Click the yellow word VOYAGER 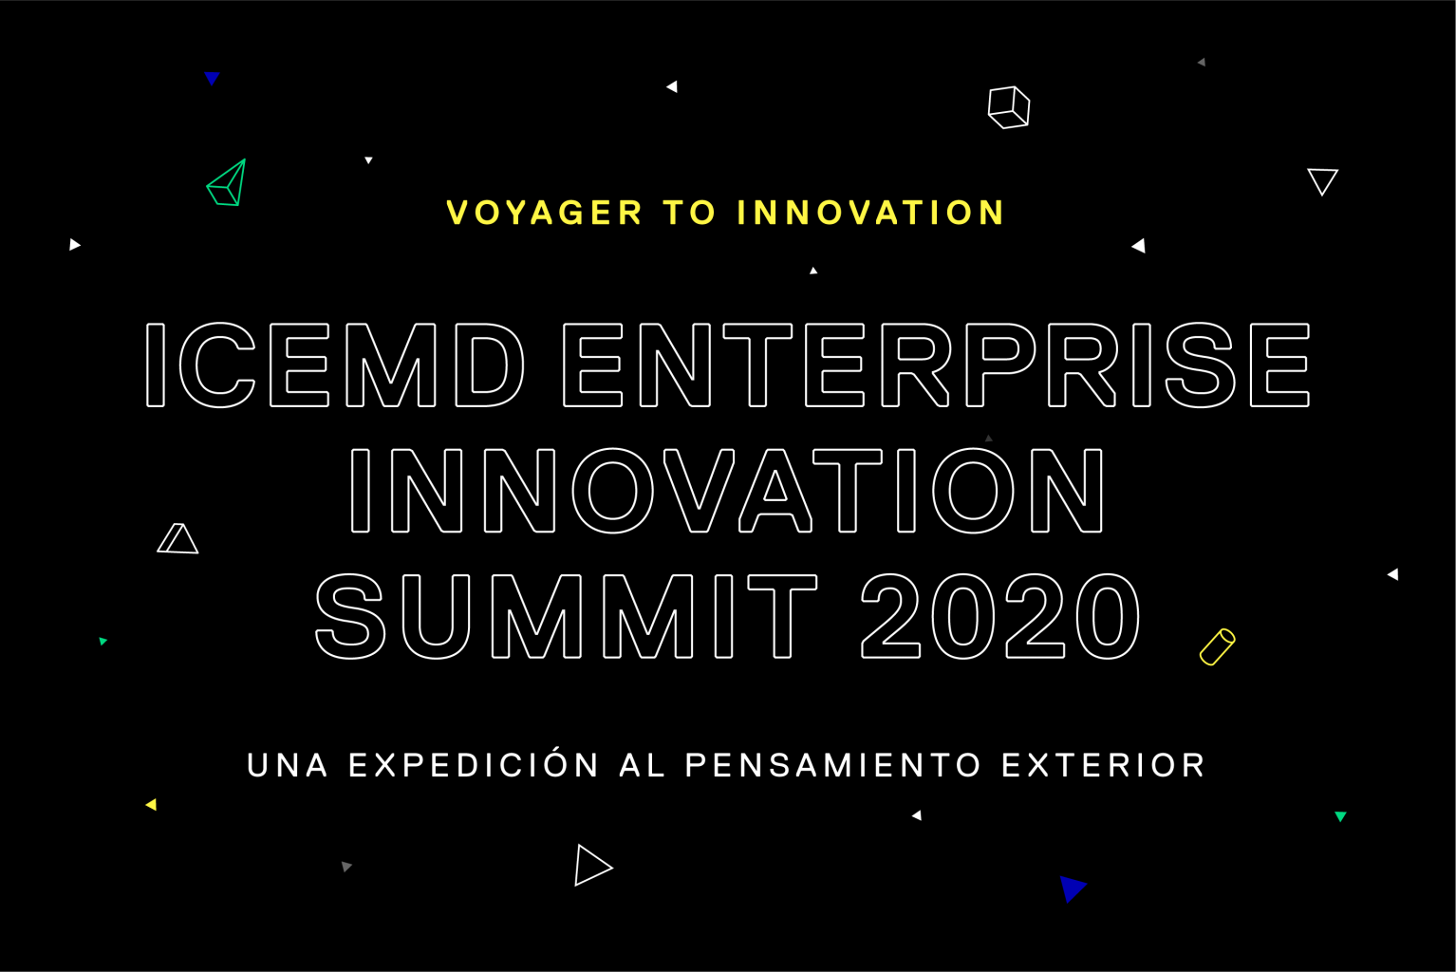pos(545,213)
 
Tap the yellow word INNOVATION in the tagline pos(870,213)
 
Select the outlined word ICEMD pos(335,364)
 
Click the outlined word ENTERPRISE pos(937,364)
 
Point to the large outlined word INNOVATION pos(727,491)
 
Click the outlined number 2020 pos(1000,616)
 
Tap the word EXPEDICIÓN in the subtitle pos(474,765)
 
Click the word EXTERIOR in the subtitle pos(1103,765)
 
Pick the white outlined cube pos(1009,107)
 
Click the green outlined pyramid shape pos(227,182)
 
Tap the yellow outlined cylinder pos(1217,647)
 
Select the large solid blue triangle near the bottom pos(1072,888)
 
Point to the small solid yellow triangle pos(152,805)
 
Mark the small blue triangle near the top pos(212,78)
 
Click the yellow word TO pos(689,213)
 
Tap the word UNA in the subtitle pos(288,765)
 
